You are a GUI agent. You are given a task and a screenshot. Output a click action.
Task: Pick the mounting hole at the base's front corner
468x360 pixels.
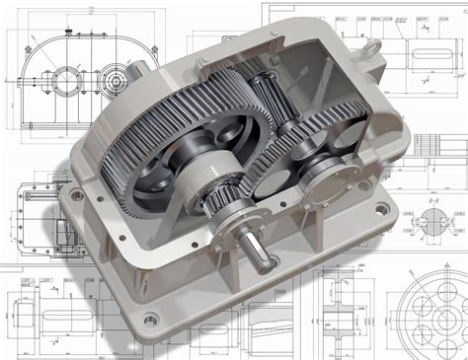pyautogui.click(x=148, y=318)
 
